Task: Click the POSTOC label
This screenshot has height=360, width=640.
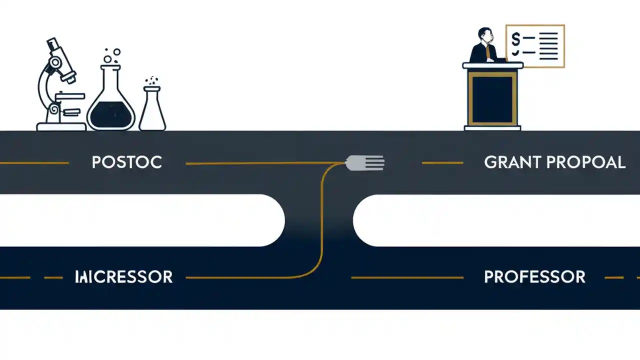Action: point(127,162)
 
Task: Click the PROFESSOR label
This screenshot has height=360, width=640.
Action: point(534,277)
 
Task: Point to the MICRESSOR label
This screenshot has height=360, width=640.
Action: point(123,277)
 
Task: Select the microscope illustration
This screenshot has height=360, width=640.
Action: point(57,85)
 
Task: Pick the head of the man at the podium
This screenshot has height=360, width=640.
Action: point(484,35)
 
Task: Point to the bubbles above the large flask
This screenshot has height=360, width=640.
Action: point(112,55)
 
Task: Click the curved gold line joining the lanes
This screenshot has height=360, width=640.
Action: point(320,220)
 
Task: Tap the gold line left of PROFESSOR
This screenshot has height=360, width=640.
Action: point(407,277)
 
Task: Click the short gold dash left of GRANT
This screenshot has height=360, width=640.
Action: point(442,162)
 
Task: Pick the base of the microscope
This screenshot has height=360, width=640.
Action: point(61,127)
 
